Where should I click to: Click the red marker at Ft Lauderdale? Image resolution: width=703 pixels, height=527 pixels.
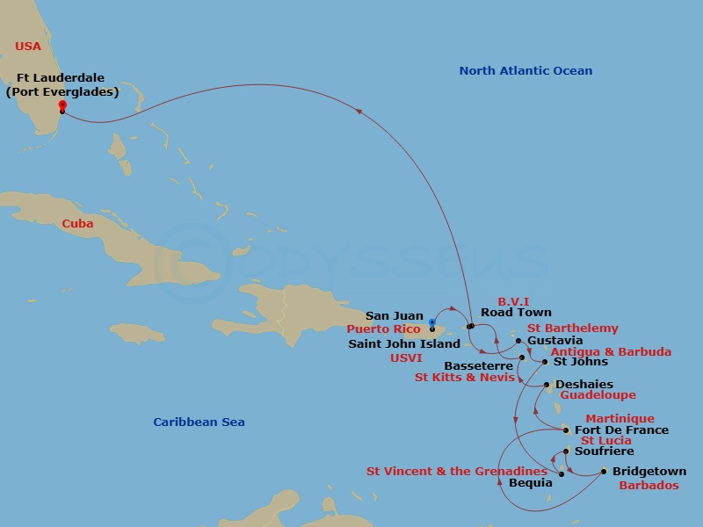pos(62,105)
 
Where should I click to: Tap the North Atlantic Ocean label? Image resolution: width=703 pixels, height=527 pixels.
pos(525,71)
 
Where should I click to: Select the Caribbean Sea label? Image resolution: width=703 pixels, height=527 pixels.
pos(199,422)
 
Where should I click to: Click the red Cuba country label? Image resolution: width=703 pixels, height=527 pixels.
pos(77,224)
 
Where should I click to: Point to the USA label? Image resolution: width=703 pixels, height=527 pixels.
pos(29,46)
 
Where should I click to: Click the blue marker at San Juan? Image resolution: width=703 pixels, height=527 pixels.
pos(432,322)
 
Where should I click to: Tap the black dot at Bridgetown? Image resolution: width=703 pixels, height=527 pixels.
pos(604,472)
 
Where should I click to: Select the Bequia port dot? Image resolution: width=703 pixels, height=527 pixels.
pos(561,473)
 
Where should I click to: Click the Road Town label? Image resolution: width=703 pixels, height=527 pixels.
pos(516,313)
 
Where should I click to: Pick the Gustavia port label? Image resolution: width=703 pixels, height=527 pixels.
pos(554,341)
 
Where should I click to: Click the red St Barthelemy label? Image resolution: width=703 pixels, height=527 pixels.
pos(572,328)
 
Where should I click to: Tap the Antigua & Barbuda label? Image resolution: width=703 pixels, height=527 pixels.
pos(611,352)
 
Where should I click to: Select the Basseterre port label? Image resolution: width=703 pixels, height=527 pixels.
pos(478,365)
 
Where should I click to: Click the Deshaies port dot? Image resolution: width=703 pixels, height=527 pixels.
pos(547,385)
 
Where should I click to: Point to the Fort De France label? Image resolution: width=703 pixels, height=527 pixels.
pos(621,430)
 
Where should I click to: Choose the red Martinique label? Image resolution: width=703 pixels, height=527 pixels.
pos(620,419)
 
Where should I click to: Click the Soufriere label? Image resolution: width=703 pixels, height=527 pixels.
pos(604,451)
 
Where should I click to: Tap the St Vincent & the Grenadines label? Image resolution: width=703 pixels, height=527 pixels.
pos(456,472)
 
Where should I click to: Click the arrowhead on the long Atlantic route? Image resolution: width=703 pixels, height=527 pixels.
pos(359,110)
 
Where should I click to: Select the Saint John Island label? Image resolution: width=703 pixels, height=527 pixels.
pos(404,344)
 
